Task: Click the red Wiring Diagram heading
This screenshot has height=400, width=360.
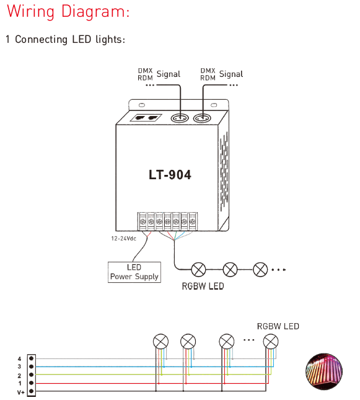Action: pos(68,12)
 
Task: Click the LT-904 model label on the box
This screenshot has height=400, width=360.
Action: pos(170,175)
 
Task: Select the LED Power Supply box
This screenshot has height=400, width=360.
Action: pos(134,272)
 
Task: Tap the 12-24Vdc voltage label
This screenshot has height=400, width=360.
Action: pos(124,239)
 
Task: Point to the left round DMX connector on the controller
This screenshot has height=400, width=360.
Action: pos(180,118)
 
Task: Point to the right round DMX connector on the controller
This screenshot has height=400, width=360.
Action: pos(203,118)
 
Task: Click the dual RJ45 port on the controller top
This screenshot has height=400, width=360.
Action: pos(146,118)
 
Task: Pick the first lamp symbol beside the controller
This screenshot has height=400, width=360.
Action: pos(198,270)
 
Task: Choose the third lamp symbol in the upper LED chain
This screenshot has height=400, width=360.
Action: pos(260,270)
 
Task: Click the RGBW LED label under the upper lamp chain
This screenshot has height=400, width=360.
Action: pos(203,287)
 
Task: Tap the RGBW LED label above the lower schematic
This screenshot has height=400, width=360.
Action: pos(278,326)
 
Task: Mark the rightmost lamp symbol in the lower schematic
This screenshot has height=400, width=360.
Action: pos(271,341)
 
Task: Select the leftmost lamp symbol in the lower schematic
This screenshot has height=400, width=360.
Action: pos(161,341)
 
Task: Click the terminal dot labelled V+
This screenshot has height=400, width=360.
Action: pos(32,391)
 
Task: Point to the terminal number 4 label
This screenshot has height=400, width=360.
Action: pos(19,359)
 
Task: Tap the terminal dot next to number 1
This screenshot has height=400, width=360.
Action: pos(32,383)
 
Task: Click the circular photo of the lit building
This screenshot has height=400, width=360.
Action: pos(324,371)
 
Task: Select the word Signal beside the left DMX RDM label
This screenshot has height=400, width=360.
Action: pos(169,74)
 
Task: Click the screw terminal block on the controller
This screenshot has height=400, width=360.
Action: pos(167,221)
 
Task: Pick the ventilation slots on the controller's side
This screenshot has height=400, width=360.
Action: pos(224,171)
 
